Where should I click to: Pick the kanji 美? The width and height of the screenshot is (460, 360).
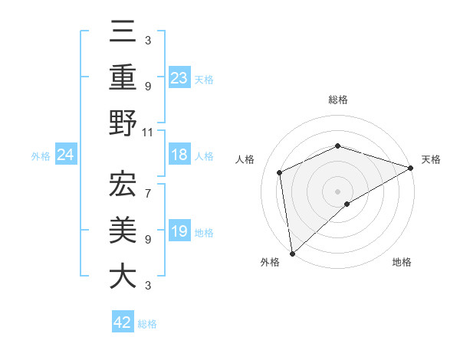(123, 230)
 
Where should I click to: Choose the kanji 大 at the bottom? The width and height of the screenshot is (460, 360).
(123, 276)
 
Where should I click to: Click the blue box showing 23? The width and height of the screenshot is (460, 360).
(179, 77)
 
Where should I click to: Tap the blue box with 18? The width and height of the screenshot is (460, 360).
(179, 155)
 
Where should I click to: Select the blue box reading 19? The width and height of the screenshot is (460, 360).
(179, 231)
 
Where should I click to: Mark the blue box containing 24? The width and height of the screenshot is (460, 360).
(66, 155)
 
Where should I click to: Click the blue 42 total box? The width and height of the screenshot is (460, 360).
(123, 322)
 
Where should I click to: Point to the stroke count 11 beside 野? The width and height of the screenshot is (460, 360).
(148, 132)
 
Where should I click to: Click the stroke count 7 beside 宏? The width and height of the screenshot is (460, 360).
(148, 185)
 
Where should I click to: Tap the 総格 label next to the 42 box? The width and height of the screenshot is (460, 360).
(147, 324)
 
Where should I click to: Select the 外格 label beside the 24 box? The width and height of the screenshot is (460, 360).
(41, 156)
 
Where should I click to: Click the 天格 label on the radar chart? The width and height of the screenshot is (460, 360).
(432, 159)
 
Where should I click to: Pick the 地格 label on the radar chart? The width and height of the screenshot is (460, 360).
(402, 262)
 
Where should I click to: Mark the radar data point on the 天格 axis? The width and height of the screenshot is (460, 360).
(411, 168)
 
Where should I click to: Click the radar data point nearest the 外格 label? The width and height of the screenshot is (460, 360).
(292, 254)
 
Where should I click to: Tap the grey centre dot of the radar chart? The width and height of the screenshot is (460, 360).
(337, 191)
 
